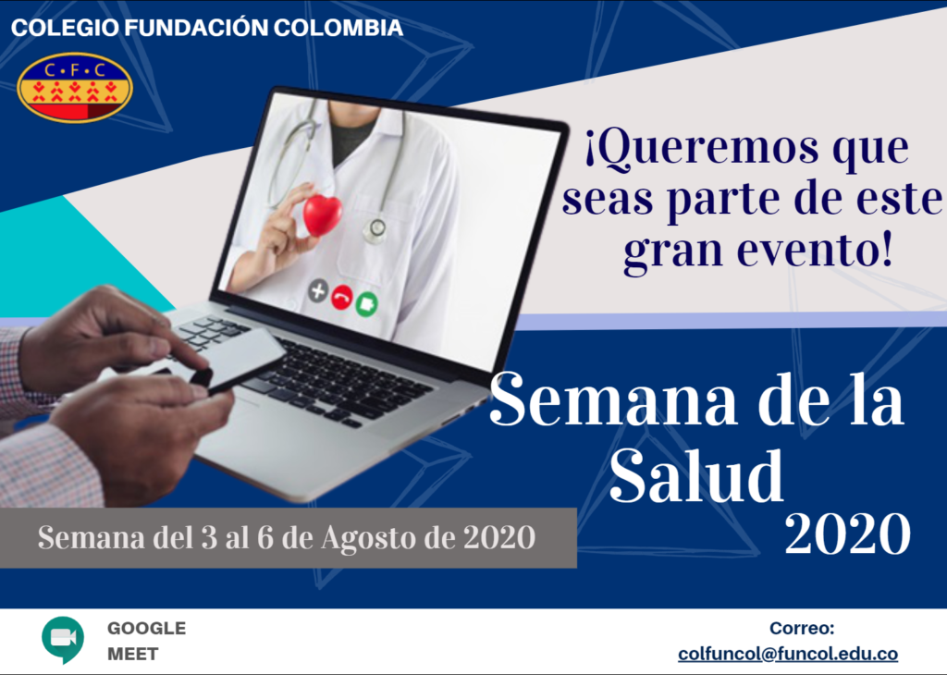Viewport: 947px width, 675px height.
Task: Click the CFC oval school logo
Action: click(74, 88)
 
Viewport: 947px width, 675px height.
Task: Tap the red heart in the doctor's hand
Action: click(322, 215)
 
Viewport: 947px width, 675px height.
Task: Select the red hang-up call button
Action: click(342, 298)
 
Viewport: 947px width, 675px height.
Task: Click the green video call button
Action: click(366, 303)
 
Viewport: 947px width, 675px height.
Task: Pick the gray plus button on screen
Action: click(318, 291)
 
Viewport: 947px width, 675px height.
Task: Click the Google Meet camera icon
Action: click(63, 639)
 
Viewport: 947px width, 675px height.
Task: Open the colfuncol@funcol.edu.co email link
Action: click(788, 654)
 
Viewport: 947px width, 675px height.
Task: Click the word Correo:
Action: click(802, 628)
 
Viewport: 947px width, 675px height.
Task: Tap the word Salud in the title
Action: click(696, 475)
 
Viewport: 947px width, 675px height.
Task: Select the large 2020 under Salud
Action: click(847, 534)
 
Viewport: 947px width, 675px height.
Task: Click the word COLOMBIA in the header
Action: click(338, 28)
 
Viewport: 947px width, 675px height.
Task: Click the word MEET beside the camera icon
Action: click(133, 654)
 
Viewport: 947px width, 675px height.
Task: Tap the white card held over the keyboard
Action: click(236, 360)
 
